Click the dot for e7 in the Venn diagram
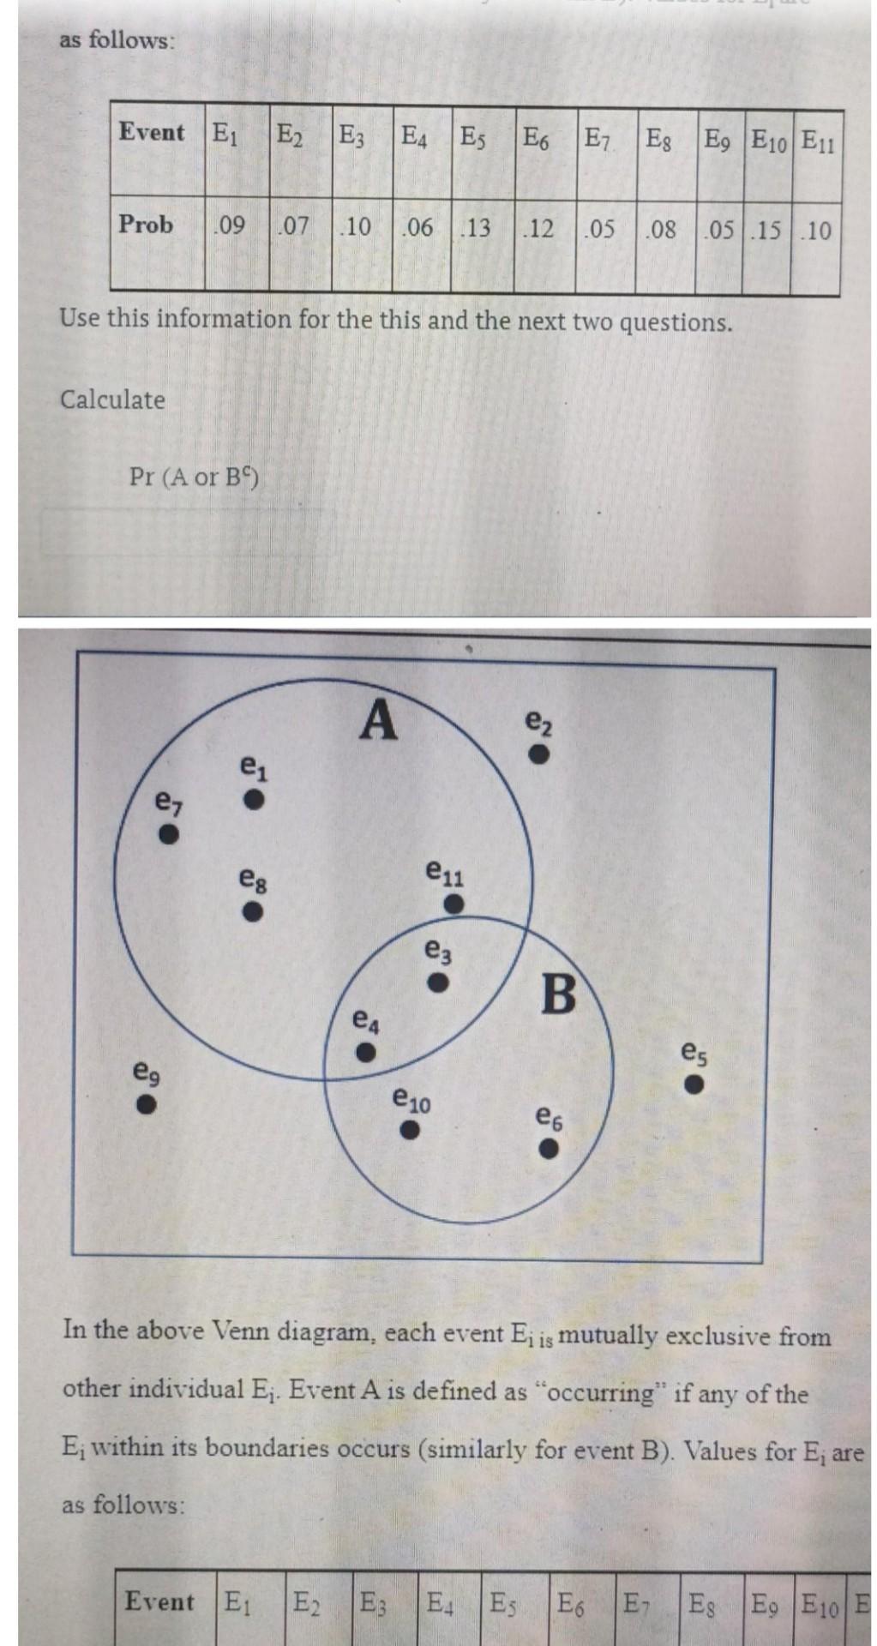click(170, 833)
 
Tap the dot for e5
click(694, 1084)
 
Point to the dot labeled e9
click(147, 1104)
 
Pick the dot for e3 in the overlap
click(439, 982)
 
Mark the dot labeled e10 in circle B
click(411, 1131)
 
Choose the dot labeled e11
click(454, 904)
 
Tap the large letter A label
click(378, 719)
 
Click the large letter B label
click(559, 994)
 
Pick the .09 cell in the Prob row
click(229, 226)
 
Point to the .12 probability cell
click(538, 229)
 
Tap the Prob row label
click(146, 225)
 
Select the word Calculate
click(112, 399)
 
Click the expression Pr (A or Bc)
click(194, 476)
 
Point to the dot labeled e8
click(251, 911)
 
